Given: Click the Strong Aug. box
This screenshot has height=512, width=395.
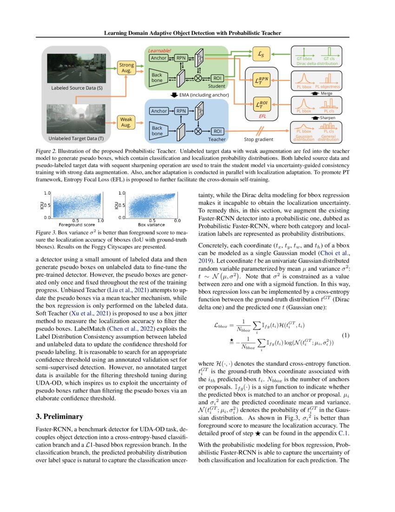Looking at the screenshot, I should (x=126, y=68).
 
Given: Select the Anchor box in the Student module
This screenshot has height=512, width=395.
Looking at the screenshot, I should (x=159, y=58).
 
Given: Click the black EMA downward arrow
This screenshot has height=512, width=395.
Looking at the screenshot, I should (x=171, y=95).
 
